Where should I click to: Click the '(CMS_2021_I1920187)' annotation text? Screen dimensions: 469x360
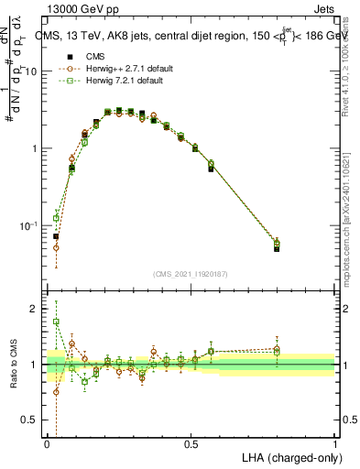coord(191,272)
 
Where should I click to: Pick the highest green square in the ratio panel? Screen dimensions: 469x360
coord(56,322)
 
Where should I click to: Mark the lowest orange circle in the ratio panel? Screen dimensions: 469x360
coord(56,392)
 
